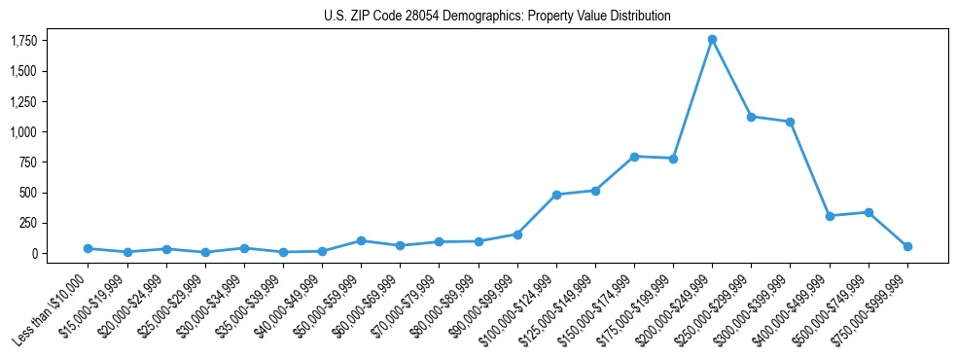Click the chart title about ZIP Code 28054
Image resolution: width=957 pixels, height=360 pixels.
pos(497,17)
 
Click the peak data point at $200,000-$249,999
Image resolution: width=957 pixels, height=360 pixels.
pos(712,40)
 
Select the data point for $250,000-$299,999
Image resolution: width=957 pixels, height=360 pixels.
pos(751,117)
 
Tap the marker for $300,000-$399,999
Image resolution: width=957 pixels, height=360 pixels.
pos(790,122)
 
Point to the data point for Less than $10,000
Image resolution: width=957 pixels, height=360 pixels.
pos(88,248)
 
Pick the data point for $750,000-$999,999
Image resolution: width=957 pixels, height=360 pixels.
pos(907,246)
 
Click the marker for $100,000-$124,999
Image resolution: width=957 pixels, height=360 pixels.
pos(556,195)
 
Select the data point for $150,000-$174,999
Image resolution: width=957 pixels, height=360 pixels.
pos(634,157)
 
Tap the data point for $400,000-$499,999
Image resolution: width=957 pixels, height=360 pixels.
pos(830,216)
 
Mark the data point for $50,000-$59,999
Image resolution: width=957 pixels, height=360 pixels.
pos(361,240)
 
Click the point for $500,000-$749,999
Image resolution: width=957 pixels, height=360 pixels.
pos(868,212)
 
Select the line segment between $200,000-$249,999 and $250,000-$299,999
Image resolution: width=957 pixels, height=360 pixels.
pos(731,78)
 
